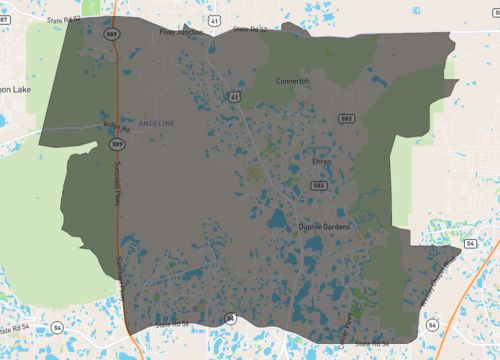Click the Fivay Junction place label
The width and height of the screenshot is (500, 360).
(181, 32)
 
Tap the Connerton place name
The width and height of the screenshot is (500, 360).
(293, 81)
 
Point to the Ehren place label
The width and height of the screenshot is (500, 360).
(321, 160)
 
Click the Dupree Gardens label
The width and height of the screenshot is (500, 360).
(322, 227)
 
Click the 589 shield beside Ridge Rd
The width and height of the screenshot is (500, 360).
(117, 145)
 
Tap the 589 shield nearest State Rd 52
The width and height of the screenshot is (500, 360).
(116, 33)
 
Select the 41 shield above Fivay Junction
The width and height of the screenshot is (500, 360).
(214, 19)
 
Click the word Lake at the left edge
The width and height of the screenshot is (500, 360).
(18, 89)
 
